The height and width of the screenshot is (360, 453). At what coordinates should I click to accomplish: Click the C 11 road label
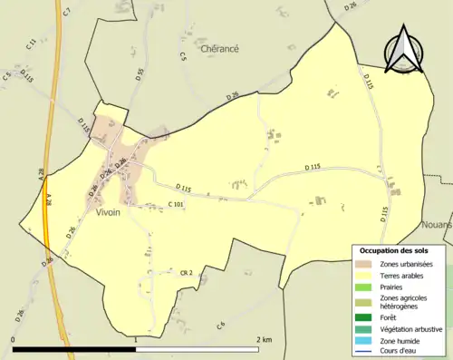(x=31, y=43)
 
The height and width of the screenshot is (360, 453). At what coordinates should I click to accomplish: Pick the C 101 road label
(x=177, y=205)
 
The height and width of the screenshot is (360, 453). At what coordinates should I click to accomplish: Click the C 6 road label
(x=220, y=325)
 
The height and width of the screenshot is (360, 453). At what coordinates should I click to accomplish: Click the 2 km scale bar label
(x=264, y=339)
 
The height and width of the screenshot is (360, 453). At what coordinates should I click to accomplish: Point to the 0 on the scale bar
(x=14, y=339)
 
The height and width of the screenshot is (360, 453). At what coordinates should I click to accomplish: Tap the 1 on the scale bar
(x=136, y=339)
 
